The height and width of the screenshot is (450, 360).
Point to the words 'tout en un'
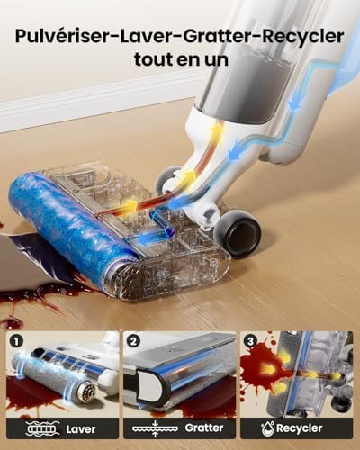click(181, 59)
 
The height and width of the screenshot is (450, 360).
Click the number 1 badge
click(16, 341)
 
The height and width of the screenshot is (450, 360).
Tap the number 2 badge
click(133, 341)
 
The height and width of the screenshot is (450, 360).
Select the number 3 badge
click(251, 341)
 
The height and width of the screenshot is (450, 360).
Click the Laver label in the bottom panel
click(81, 429)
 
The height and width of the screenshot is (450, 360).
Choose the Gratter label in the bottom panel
click(204, 427)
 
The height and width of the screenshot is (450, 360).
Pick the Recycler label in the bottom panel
click(300, 428)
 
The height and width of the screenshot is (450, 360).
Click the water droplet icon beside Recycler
click(267, 428)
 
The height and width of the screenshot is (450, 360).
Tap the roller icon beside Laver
click(40, 428)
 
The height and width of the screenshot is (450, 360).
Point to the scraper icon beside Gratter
click(155, 428)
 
